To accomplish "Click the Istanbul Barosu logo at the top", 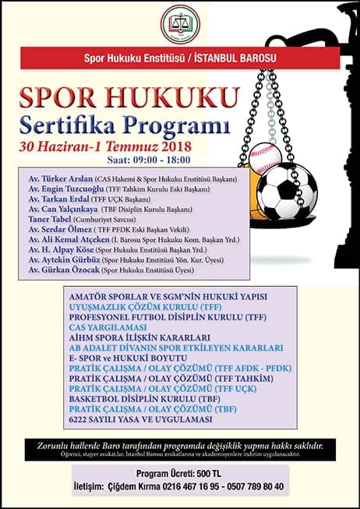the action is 180,25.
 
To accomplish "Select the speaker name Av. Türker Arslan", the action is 58,179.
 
